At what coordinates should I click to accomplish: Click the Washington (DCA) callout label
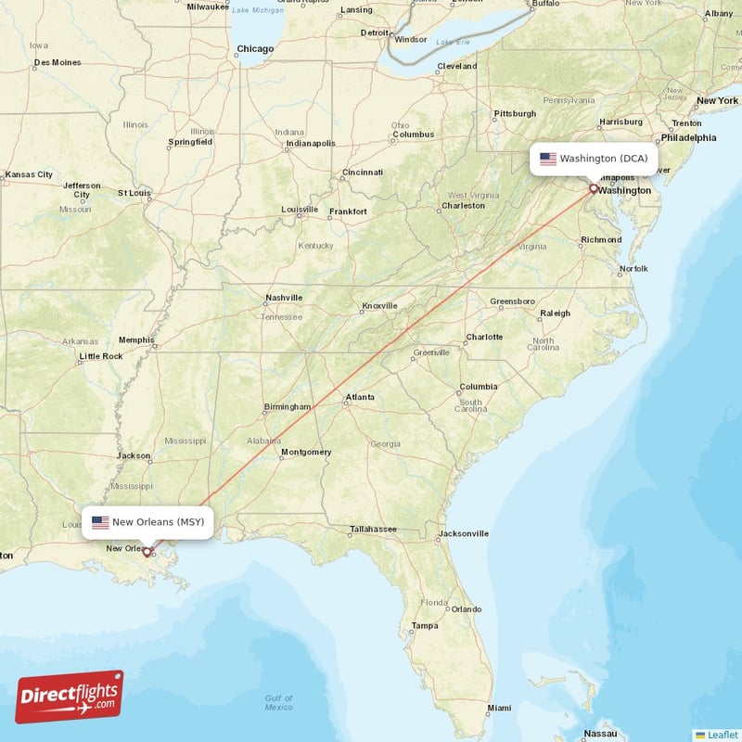point(594,159)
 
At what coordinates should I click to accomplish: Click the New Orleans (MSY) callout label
point(148,522)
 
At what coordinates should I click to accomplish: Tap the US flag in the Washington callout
point(548,159)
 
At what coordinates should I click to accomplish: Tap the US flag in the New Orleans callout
point(100,522)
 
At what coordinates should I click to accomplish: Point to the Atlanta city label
point(360,398)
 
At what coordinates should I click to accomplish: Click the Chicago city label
point(254,49)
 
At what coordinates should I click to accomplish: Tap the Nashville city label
point(284,298)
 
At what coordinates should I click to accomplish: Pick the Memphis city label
point(136,339)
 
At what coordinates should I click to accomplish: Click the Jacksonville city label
point(463,533)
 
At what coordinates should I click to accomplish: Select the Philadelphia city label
point(687,138)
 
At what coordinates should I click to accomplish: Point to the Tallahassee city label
point(374,531)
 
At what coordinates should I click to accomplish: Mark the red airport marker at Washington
point(594,188)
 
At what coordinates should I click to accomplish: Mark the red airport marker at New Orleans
point(147,551)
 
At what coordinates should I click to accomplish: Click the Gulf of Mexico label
point(278,702)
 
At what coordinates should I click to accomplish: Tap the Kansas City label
point(29,174)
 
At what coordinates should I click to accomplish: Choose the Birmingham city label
point(287,407)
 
